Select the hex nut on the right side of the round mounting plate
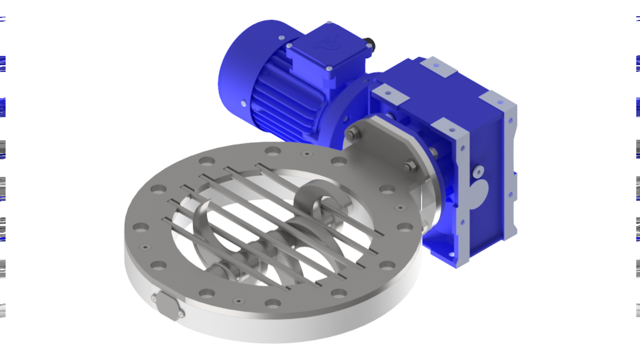coord(410,166)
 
